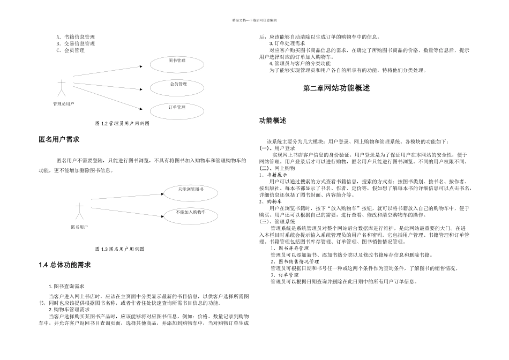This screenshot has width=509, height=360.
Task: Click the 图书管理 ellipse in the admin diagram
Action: tap(177, 62)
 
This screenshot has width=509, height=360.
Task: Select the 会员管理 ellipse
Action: tap(178, 85)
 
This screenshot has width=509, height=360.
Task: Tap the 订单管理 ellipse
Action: tap(177, 108)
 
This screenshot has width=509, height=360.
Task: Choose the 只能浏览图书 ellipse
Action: tap(191, 190)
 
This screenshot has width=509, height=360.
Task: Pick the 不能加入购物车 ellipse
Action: tap(190, 213)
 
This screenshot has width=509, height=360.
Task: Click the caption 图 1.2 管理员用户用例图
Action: tap(122, 123)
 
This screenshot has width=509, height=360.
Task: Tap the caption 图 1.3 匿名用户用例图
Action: tap(119, 249)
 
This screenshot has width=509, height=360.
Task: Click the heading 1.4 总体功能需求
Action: tap(65, 265)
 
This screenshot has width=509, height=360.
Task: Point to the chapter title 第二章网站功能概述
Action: tap(336, 88)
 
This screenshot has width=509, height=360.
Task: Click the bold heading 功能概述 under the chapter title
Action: tap(273, 121)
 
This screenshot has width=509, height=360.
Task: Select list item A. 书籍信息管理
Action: tap(76, 37)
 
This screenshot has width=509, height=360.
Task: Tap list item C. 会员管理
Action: tap(70, 50)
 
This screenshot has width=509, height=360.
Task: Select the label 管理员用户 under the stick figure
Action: tap(63, 104)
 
